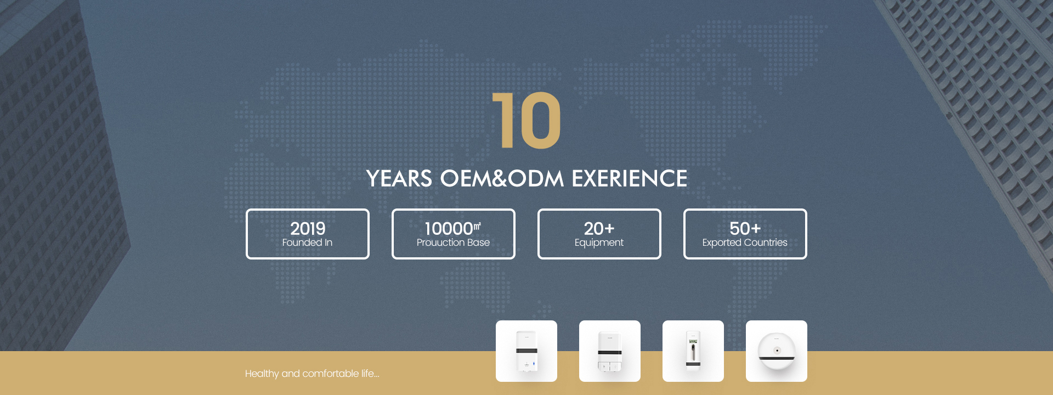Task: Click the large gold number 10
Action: (526, 120)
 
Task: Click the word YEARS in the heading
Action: (399, 179)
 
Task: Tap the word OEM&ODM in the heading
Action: (502, 179)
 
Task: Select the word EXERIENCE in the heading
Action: (630, 179)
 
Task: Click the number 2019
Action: (308, 228)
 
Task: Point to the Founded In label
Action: (307, 242)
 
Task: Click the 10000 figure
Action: (449, 228)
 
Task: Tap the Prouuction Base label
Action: (453, 242)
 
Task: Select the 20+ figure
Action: (599, 228)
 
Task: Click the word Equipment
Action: (599, 243)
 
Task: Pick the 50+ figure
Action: (745, 228)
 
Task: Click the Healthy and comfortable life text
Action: (312, 374)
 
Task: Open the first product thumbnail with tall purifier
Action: (526, 351)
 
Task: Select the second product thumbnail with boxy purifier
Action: (610, 351)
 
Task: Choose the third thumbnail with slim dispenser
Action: (693, 351)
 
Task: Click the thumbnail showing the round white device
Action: (777, 351)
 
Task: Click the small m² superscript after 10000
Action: (477, 225)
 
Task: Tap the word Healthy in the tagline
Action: (262, 374)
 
